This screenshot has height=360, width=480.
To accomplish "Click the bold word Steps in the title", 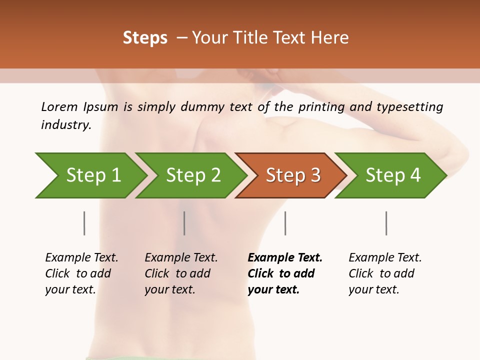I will tap(145, 38).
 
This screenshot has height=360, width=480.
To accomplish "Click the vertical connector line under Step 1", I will tap(84, 223).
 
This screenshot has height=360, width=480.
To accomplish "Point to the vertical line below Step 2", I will tap(184, 223).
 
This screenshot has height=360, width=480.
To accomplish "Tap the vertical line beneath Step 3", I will tap(285, 223).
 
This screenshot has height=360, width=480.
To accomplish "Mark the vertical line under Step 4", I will tap(386, 223).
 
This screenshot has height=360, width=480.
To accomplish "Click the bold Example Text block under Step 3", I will tap(284, 273).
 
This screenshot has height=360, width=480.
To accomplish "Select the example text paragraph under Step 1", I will tap(81, 273).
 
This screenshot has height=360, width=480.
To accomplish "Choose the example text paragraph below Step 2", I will tap(181, 273).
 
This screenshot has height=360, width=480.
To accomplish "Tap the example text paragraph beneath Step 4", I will tap(385, 273).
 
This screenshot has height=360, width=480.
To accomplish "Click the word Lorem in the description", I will tap(59, 106).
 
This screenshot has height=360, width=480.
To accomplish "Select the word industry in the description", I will tap(65, 124).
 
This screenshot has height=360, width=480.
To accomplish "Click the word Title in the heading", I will tap(254, 38).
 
